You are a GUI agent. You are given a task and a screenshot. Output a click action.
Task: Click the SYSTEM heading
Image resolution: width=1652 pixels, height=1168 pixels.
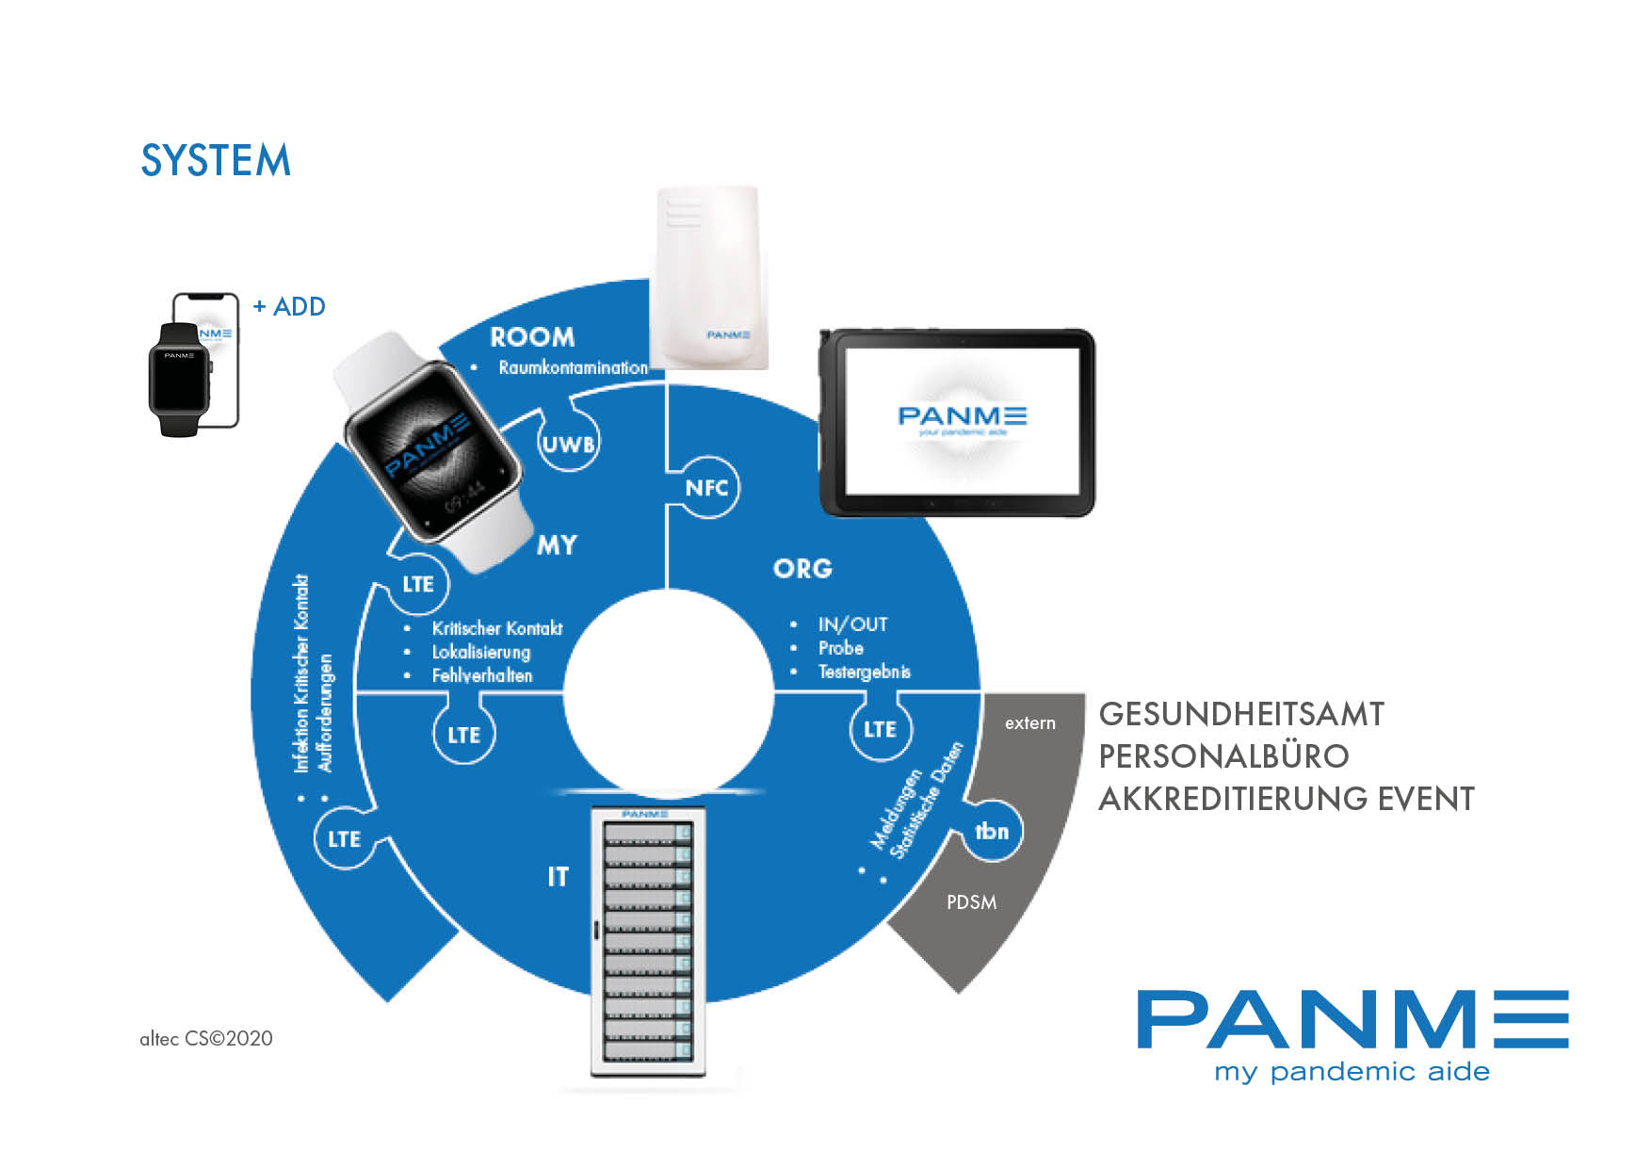[216, 160]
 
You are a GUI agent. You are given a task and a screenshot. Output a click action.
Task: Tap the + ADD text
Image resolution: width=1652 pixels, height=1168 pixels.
[289, 307]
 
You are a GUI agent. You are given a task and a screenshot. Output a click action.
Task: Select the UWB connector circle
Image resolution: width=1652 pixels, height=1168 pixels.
[569, 443]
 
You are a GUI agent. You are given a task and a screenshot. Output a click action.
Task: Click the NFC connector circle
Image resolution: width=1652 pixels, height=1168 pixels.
[706, 488]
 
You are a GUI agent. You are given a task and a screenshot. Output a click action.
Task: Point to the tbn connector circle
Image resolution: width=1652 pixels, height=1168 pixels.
[992, 831]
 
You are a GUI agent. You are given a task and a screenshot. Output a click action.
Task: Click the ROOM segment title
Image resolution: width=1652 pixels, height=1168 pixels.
[532, 337]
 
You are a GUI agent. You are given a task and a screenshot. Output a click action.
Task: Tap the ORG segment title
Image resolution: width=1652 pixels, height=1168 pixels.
[802, 569]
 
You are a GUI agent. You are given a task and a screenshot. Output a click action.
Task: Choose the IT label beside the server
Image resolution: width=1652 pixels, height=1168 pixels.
[559, 877]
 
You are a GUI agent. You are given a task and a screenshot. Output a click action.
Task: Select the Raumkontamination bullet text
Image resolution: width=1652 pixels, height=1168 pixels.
[573, 367]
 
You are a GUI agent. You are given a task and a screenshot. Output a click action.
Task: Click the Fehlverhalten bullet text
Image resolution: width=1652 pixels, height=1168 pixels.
[482, 675]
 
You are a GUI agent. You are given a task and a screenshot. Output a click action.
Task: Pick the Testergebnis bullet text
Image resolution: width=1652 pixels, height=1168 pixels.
[864, 672]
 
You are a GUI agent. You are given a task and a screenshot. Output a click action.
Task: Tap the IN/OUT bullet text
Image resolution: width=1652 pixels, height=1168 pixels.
[852, 625]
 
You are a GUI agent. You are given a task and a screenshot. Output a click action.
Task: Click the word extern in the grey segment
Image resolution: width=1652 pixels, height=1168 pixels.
[1029, 723]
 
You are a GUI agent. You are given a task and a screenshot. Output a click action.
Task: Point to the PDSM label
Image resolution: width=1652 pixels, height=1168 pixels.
[971, 902]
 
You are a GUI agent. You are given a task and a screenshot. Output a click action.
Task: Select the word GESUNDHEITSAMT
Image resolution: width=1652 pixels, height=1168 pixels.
[1241, 714]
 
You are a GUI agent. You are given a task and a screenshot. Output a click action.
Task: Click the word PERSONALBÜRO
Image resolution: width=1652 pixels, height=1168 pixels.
[1223, 756]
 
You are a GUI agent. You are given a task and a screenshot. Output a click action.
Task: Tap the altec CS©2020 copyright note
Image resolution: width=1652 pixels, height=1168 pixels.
[206, 1038]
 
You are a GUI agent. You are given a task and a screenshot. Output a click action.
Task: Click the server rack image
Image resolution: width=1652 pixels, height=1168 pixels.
[648, 942]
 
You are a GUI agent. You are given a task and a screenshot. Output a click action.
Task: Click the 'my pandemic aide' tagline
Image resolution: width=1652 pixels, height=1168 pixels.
[1352, 1072]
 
